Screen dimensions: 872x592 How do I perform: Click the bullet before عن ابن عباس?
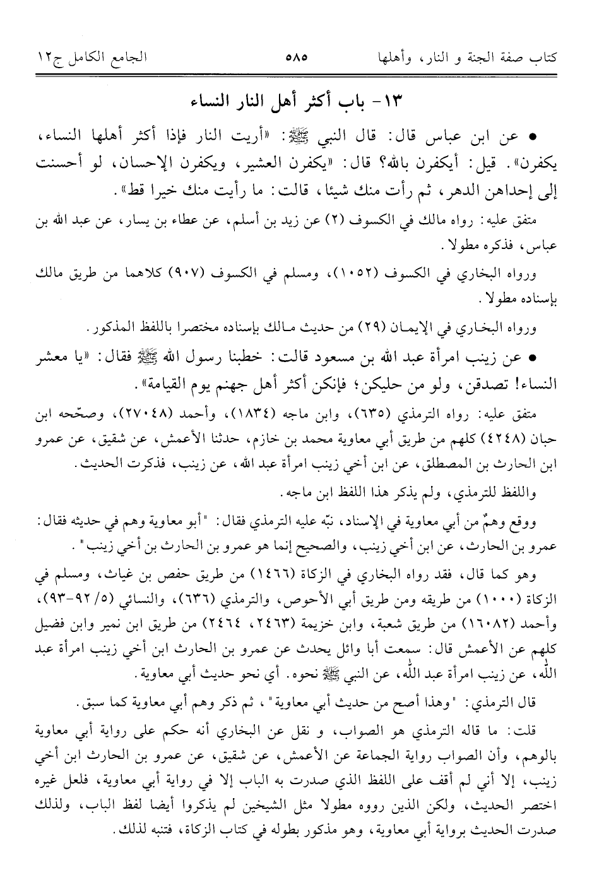[x=534, y=136]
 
